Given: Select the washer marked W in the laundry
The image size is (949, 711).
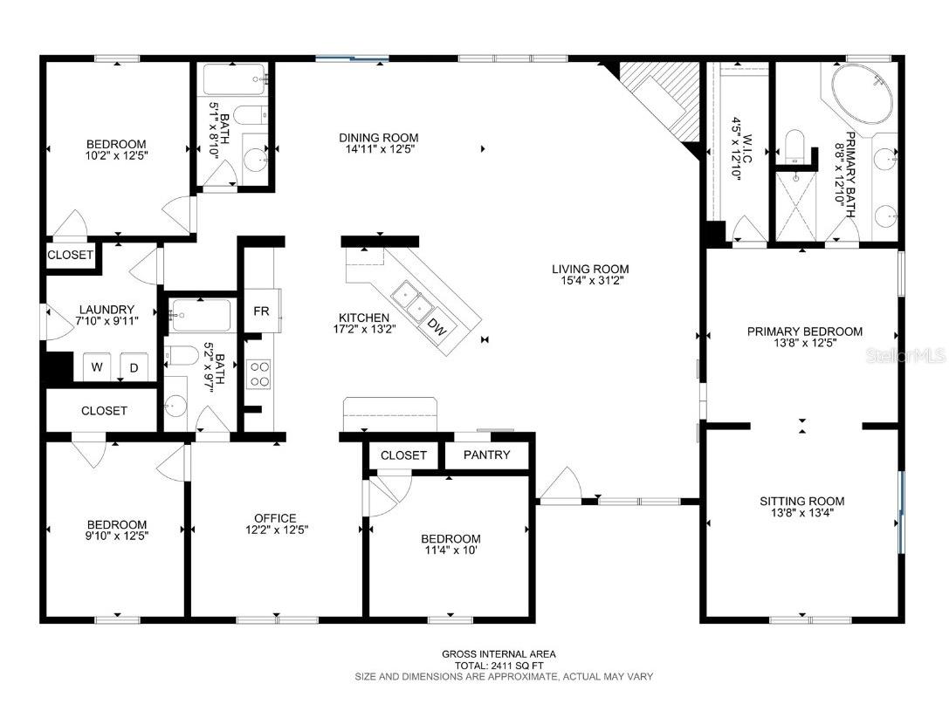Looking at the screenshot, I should (98, 367).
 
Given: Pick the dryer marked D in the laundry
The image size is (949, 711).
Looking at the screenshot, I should (134, 367).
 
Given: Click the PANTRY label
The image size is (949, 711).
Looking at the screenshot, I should (486, 455).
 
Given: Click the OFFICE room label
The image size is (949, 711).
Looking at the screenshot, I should (275, 517).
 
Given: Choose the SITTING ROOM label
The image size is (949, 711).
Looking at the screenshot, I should (801, 501).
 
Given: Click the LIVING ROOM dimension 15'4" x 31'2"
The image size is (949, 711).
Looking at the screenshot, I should (589, 281).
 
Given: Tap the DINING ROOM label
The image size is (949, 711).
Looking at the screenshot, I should (378, 137).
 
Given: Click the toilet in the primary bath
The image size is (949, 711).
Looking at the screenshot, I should (795, 146).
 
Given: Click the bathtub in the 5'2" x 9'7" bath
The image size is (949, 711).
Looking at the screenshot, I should (200, 315).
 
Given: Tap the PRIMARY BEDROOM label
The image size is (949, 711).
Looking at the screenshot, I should (804, 332).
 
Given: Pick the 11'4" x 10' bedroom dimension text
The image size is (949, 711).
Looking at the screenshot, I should (450, 550).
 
